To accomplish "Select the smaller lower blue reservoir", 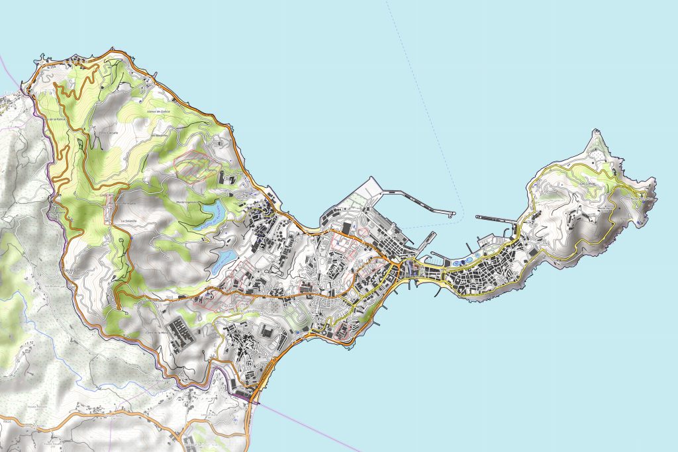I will point(222,260).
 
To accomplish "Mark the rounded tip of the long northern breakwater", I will point(452,214).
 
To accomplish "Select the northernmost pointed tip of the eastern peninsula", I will point(598,132).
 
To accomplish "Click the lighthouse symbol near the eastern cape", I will point(645,196).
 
